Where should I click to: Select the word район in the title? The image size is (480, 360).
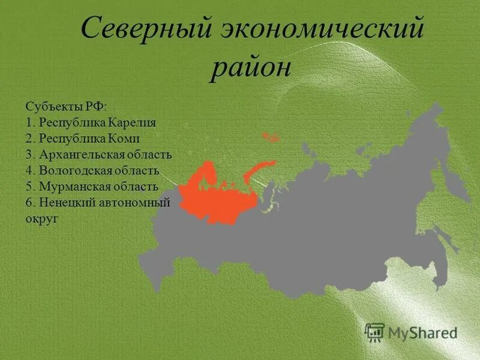pyautogui.click(x=251, y=67)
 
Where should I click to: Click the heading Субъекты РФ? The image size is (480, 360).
pyautogui.click(x=66, y=106)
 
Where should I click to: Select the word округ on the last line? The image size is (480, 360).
pyautogui.click(x=42, y=219)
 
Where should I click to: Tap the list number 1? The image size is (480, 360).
pyautogui.click(x=29, y=122)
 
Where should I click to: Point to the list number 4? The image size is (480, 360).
pyautogui.click(x=29, y=171)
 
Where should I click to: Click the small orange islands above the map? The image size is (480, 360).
pyautogui.click(x=271, y=137)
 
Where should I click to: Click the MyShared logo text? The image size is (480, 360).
pyautogui.click(x=422, y=332)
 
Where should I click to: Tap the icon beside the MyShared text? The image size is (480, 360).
pyautogui.click(x=375, y=332)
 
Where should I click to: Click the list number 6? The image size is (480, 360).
pyautogui.click(x=29, y=203)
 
